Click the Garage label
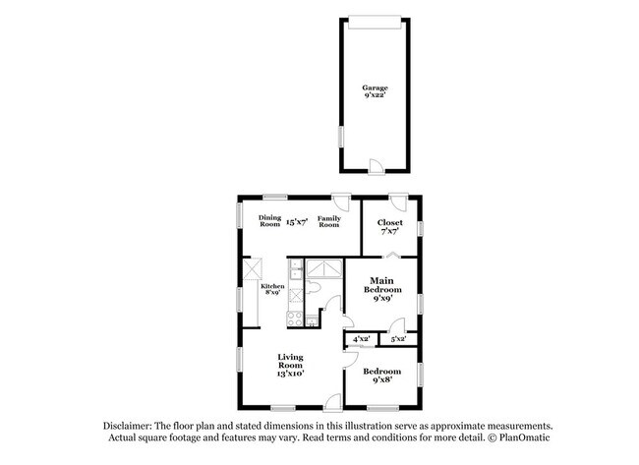pos(375,87)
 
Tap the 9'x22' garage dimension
pos(375,96)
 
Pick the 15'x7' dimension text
pos(298,222)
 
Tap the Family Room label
pos(328,221)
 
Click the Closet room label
pos(390,222)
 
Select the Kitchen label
pos(272,286)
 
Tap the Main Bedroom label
pos(382,286)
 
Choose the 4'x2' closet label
pos(361,339)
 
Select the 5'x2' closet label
pos(399,339)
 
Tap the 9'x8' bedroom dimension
pos(381,379)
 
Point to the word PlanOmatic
pos(525,437)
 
